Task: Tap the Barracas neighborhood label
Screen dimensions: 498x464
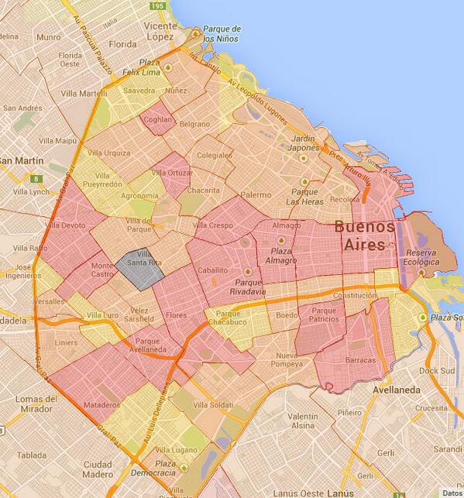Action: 361,360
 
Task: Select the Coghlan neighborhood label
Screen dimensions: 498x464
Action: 157,120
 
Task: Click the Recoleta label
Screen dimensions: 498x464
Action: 345,199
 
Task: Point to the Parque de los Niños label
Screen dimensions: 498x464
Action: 222,33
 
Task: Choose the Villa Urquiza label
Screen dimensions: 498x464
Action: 108,153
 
